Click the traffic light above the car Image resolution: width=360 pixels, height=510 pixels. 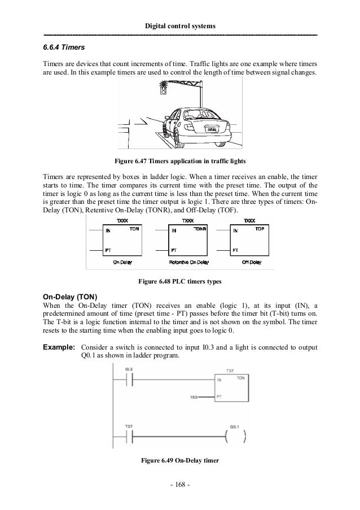pos(163,89)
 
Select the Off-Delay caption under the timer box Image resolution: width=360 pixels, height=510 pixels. pos(251,263)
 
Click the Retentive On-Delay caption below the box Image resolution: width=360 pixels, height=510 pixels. pos(189,263)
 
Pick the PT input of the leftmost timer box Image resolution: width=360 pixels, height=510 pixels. pos(108,249)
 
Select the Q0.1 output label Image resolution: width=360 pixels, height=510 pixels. pos(237,427)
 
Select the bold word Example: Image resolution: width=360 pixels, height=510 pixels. pos(60,346)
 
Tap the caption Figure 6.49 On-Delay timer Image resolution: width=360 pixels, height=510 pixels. pos(179,459)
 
